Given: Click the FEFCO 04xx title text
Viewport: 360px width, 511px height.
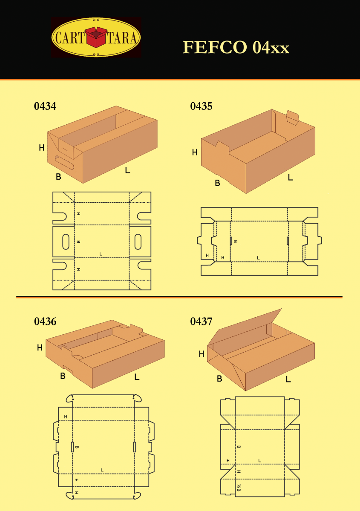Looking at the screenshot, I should click(236, 48).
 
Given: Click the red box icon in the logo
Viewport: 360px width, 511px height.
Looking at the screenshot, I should click(96, 37).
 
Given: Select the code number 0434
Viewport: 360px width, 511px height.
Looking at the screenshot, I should click(45, 106).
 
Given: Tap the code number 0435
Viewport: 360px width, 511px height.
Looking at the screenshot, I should click(201, 106).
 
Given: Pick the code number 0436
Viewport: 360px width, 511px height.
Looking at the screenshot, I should click(45, 322).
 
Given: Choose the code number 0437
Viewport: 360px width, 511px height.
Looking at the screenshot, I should click(201, 322).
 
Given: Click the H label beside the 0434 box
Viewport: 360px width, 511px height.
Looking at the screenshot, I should click(41, 148).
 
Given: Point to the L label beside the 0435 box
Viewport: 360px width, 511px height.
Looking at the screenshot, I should click(290, 178).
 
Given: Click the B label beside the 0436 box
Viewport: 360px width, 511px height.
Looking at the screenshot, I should click(63, 376).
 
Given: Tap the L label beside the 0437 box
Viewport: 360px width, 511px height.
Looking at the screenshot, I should click(288, 379).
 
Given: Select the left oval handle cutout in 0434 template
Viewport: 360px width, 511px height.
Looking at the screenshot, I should click(66, 241).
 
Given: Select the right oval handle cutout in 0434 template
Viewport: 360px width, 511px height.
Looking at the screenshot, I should click(138, 241).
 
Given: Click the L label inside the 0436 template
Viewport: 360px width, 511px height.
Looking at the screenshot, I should click(102, 470).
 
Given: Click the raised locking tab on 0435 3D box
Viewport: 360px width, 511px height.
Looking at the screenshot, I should click(293, 118).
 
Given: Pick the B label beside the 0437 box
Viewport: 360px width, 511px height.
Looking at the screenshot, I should click(219, 379).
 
